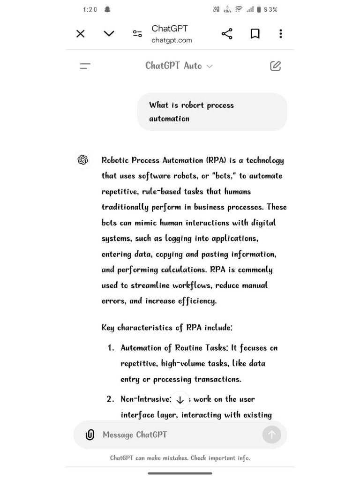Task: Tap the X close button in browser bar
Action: click(x=81, y=34)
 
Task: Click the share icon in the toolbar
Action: click(x=227, y=34)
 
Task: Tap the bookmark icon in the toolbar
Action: click(x=255, y=34)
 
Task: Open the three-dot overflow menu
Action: click(x=280, y=34)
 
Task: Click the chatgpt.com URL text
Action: click(x=172, y=40)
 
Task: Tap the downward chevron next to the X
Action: click(x=109, y=34)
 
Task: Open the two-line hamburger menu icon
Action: click(x=85, y=66)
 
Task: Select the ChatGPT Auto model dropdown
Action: click(x=179, y=66)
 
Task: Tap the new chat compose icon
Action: click(x=276, y=66)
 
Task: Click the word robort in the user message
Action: click(x=192, y=105)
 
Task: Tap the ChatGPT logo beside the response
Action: click(x=83, y=160)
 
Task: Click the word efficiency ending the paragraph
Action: click(x=196, y=301)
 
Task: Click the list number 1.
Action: click(x=110, y=348)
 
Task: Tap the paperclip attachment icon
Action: click(x=90, y=435)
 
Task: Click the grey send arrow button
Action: click(x=272, y=435)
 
